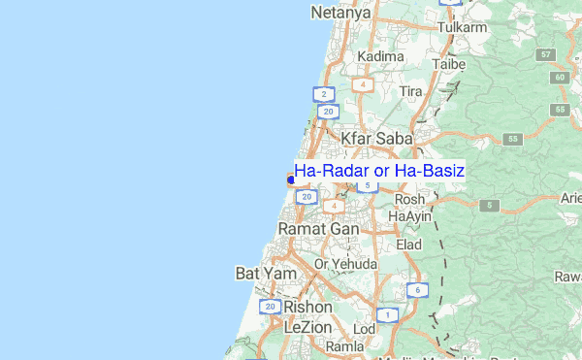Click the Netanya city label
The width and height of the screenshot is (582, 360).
point(341,13)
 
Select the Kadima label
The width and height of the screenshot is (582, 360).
point(380,56)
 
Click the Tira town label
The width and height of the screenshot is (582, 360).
point(411,90)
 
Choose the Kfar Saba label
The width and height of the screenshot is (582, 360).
point(377,139)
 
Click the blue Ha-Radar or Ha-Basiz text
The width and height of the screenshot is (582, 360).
point(379,171)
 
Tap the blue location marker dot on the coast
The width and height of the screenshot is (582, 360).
point(290,179)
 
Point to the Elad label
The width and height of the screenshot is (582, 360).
point(408,245)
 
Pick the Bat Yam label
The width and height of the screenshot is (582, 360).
point(259,274)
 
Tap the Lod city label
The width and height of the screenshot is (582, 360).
point(364,329)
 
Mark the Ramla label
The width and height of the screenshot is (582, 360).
point(344,345)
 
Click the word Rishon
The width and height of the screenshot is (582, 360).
point(307,307)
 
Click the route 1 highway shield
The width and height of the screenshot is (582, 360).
point(387,314)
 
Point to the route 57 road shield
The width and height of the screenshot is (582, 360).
point(547,53)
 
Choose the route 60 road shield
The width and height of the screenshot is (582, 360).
point(560,77)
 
